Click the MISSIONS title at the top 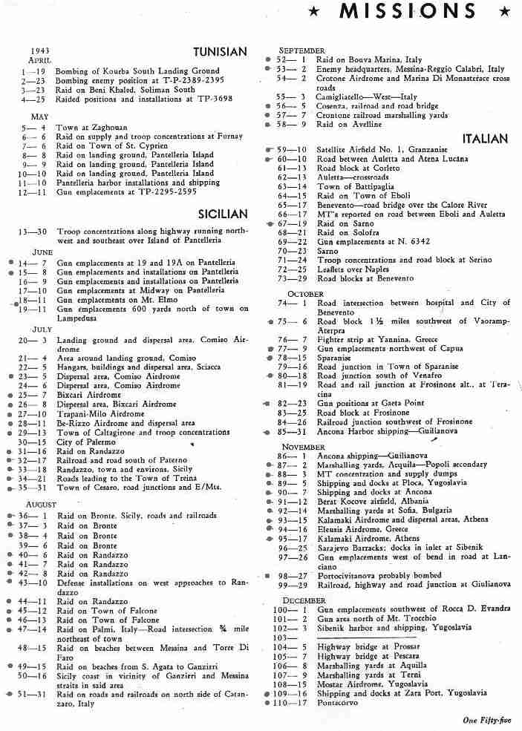[408, 12]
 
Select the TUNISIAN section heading [219, 52]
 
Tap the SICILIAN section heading [223, 214]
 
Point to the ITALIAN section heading [485, 139]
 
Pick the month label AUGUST [42, 505]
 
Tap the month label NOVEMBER [304, 447]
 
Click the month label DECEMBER [304, 600]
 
